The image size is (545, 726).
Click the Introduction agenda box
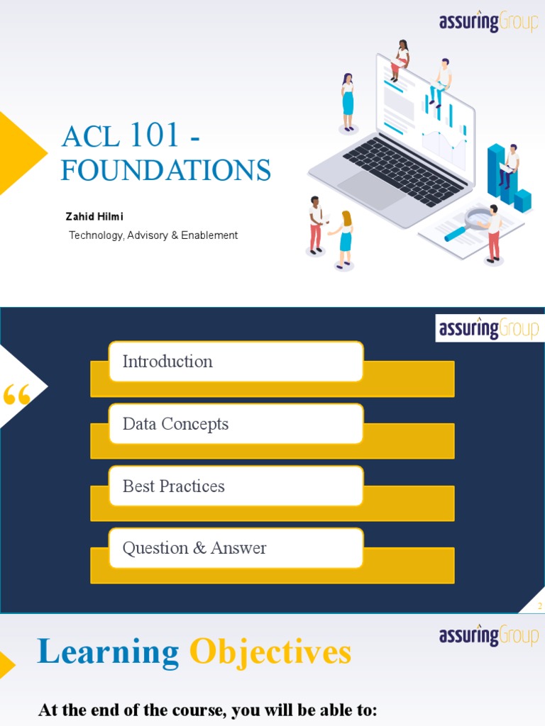point(236,362)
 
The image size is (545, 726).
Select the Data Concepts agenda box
point(236,424)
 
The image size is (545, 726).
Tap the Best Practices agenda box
point(236,486)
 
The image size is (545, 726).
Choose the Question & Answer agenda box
point(236,548)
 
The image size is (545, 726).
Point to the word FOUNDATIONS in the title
point(166,171)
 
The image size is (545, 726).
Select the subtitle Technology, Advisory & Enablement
point(153,235)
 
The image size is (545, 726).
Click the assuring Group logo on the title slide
point(488,22)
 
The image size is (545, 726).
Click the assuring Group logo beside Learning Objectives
point(488,635)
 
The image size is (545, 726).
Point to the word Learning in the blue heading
point(108,652)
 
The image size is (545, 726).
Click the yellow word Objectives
point(270,652)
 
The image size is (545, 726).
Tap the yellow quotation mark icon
point(16,394)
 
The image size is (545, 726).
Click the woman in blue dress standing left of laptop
point(348,102)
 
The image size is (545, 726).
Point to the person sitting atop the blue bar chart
point(509,165)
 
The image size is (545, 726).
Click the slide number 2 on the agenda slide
point(539,606)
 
